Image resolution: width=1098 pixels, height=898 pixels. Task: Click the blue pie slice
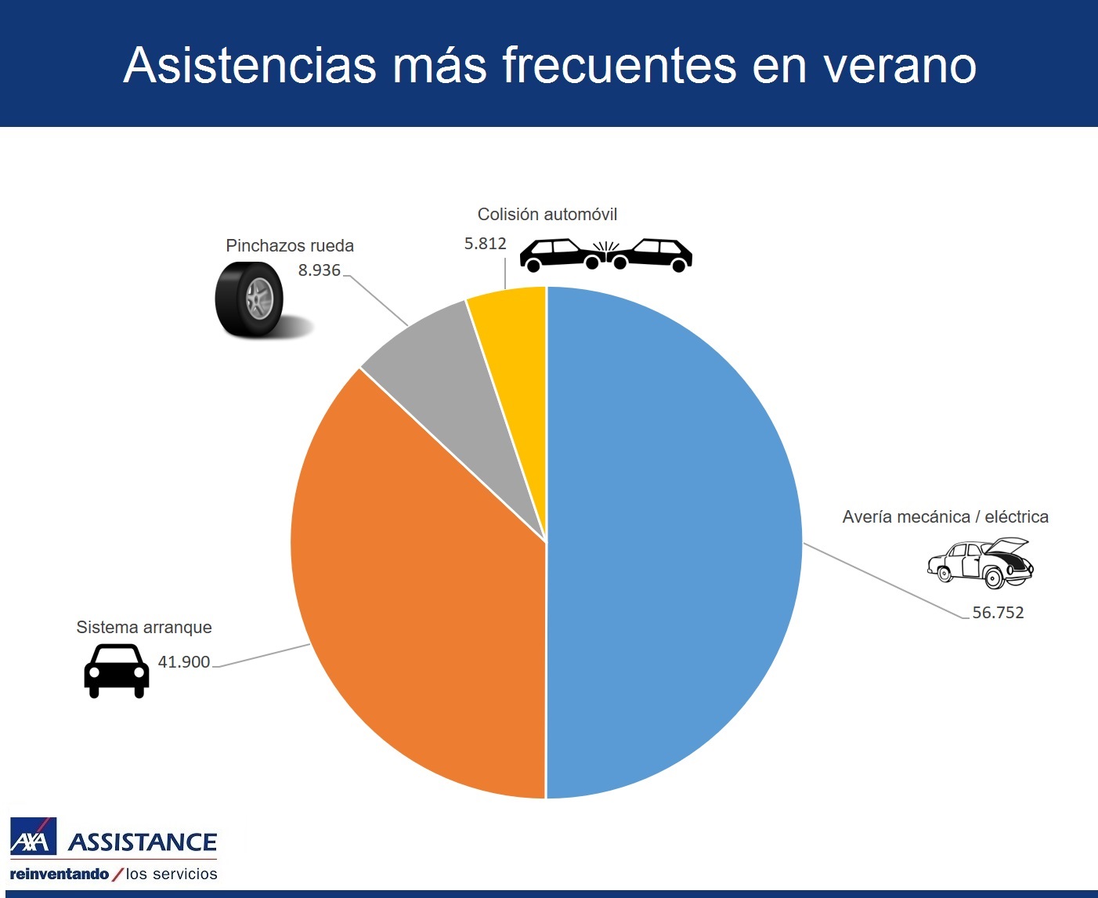(x=674, y=541)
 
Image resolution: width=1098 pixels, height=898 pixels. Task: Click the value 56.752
(x=998, y=613)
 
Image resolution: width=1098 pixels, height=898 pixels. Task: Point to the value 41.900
(x=184, y=662)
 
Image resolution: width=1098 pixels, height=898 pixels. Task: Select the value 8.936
(x=320, y=270)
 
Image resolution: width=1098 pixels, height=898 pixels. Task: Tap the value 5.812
(x=486, y=244)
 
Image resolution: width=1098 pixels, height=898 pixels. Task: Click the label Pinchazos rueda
(x=290, y=246)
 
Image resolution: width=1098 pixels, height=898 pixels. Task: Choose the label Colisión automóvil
(x=547, y=215)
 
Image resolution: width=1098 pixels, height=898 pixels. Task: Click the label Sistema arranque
(x=144, y=628)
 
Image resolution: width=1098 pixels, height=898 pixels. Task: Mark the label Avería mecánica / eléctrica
(x=945, y=517)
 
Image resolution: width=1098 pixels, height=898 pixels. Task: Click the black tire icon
(x=251, y=300)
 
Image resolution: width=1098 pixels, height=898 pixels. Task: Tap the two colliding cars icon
(x=606, y=255)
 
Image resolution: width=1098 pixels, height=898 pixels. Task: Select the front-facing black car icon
(x=117, y=671)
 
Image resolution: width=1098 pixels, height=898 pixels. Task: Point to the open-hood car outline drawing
(x=981, y=563)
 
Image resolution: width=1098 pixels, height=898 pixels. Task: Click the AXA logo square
(x=33, y=837)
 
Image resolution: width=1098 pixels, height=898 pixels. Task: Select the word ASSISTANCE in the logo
(x=143, y=842)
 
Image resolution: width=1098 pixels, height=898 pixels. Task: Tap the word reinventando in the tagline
(x=60, y=874)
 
